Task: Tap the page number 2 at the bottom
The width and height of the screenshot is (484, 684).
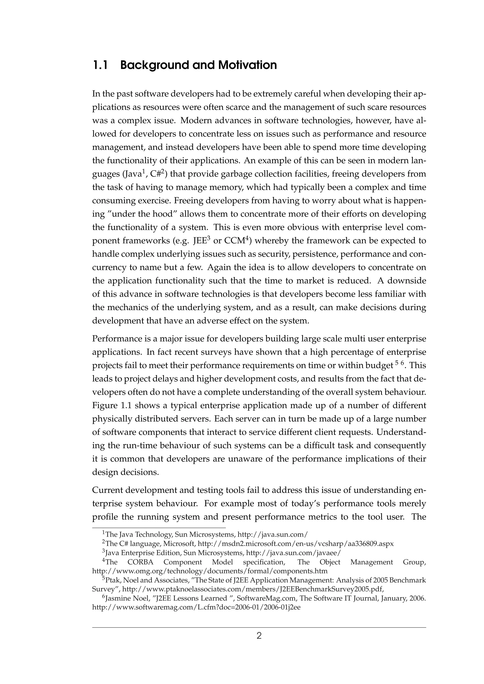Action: [x=259, y=636]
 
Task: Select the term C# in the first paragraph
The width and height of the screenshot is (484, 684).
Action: [x=156, y=174]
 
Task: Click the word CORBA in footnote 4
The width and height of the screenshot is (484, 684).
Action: [x=140, y=562]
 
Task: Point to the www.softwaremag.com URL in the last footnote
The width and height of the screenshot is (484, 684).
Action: [x=196, y=608]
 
